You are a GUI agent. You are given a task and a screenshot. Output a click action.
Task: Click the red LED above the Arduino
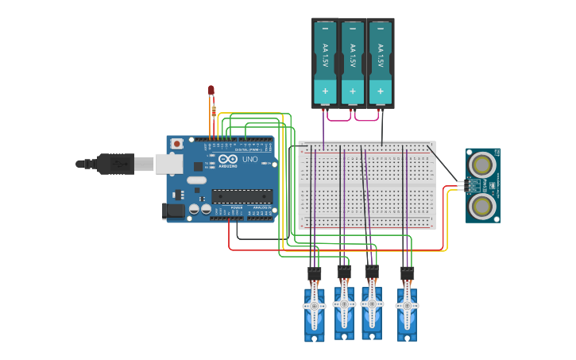[211, 91]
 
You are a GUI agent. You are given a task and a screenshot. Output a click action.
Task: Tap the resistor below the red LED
[213, 110]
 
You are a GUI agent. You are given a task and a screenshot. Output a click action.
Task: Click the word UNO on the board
[249, 160]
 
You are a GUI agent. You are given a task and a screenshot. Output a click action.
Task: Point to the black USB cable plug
[115, 164]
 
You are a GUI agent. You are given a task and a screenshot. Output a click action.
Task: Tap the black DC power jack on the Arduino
[173, 211]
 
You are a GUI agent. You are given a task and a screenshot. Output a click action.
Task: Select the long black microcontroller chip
[242, 196]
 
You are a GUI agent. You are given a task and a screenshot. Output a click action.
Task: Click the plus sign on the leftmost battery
[325, 91]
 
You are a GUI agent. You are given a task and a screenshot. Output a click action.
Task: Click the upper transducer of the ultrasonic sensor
[481, 165]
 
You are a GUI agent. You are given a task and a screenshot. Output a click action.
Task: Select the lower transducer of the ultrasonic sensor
[481, 206]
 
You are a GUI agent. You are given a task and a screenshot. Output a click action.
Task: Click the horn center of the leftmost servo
[314, 306]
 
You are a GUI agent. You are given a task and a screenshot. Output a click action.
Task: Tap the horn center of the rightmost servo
[407, 306]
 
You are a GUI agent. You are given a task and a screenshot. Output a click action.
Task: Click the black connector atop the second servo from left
[344, 272]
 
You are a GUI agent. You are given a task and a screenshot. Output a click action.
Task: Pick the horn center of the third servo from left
[371, 303]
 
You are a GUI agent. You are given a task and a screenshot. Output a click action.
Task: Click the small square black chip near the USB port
[197, 167]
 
